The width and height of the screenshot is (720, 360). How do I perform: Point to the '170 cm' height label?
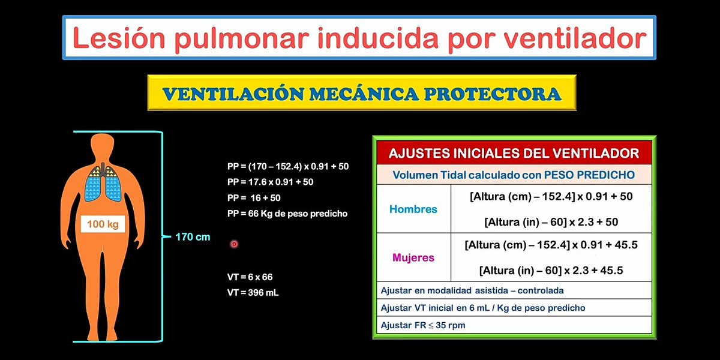pyautogui.click(x=193, y=237)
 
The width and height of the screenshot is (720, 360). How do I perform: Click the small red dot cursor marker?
pyautogui.click(x=234, y=244)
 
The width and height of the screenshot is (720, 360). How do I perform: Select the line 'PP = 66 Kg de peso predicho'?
pyautogui.click(x=287, y=213)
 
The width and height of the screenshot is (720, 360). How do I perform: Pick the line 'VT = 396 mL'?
pyautogui.click(x=253, y=293)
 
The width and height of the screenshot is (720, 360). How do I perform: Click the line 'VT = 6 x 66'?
pyautogui.click(x=250, y=277)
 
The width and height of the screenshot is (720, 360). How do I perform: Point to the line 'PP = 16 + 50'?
pyautogui.click(x=254, y=197)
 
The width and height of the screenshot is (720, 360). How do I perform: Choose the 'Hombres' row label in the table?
pyautogui.click(x=413, y=209)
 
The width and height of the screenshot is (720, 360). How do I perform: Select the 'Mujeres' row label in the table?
pyautogui.click(x=413, y=257)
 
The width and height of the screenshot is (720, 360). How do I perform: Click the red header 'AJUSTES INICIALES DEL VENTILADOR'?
pyautogui.click(x=514, y=153)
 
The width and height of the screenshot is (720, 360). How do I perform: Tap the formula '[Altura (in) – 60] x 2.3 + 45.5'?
pyautogui.click(x=551, y=270)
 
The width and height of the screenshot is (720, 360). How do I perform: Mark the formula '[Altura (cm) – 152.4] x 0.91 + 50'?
pyautogui.click(x=551, y=196)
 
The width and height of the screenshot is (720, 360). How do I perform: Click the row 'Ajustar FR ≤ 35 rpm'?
pyautogui.click(x=423, y=325)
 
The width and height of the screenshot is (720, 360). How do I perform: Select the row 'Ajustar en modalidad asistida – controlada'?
pyautogui.click(x=472, y=290)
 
